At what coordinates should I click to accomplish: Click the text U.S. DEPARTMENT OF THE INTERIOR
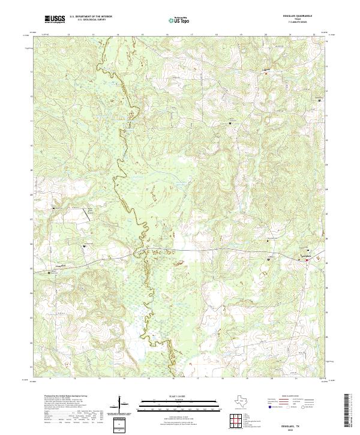tap(91, 17)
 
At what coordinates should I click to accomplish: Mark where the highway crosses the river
tap(142, 249)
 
